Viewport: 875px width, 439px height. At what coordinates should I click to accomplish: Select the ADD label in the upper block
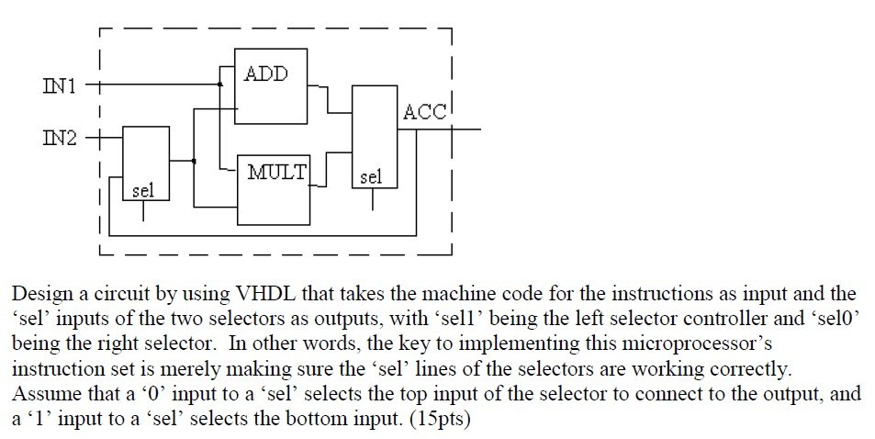coord(266,74)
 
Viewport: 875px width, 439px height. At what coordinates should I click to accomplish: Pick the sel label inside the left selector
coord(144,191)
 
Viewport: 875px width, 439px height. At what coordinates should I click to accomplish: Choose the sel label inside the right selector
coord(371,176)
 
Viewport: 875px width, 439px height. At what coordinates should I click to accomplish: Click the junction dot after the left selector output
coord(193,161)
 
